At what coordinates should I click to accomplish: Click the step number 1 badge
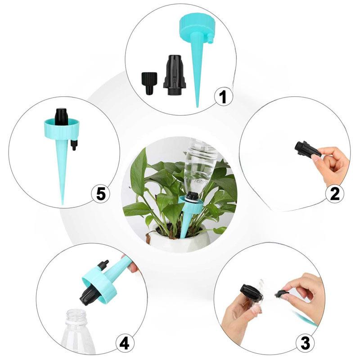(224, 97)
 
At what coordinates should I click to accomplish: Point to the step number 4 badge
(125, 344)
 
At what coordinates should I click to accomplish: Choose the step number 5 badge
(101, 194)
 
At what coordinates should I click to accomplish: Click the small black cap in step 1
(148, 82)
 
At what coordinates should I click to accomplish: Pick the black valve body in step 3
(250, 294)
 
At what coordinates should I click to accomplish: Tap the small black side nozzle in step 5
(74, 145)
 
